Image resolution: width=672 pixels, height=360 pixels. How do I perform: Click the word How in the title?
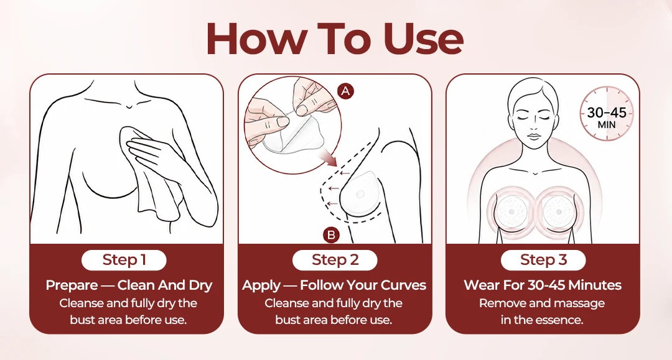(256, 39)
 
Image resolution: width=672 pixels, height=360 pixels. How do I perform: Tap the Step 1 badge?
(124, 260)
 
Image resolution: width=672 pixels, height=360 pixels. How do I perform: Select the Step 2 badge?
(335, 260)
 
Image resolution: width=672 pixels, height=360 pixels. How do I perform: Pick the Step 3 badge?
(543, 260)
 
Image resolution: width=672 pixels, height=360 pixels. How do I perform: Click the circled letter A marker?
(345, 91)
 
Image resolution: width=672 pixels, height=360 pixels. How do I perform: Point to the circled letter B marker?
(331, 234)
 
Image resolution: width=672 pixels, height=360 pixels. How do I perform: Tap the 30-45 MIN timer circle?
(607, 113)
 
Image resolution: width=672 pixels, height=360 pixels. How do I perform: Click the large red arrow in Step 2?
(328, 159)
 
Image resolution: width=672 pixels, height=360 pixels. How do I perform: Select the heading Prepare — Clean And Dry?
(129, 285)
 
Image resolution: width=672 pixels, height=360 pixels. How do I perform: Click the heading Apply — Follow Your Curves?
(334, 285)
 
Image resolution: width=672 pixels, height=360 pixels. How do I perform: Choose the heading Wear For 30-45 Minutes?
(543, 285)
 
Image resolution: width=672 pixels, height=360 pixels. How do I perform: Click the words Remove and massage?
(542, 303)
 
